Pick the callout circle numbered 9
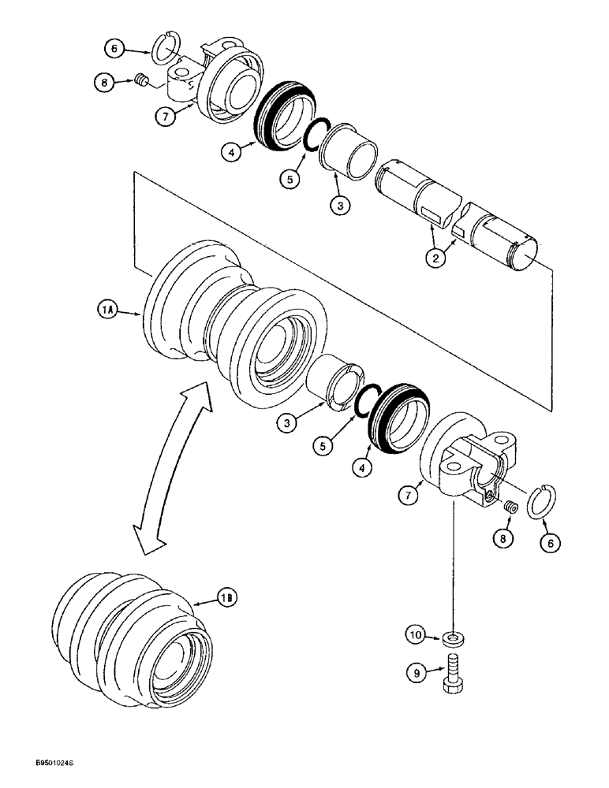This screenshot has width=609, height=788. (x=415, y=672)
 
